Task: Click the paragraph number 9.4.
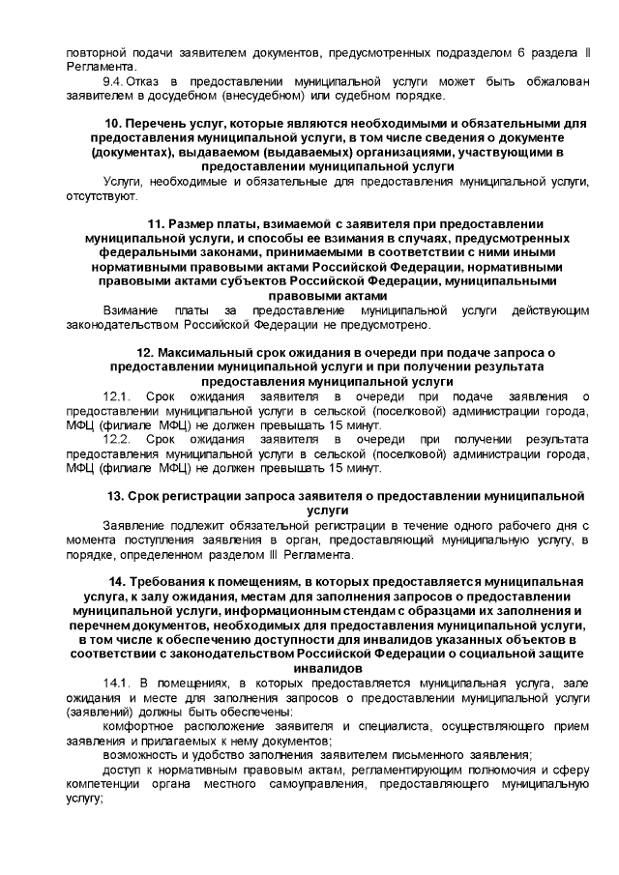pos(115,82)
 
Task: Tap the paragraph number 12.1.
pos(117,397)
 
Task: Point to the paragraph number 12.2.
pos(117,440)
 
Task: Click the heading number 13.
pos(113,496)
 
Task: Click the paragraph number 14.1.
pos(117,684)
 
